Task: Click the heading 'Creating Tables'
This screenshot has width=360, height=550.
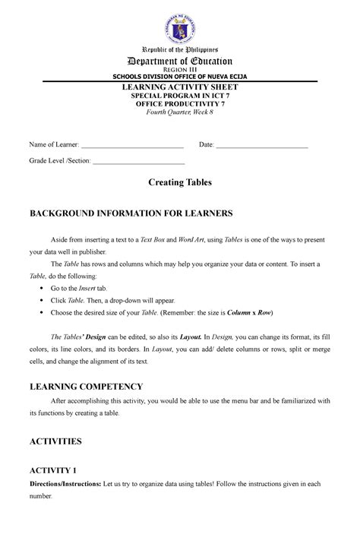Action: pos(180,183)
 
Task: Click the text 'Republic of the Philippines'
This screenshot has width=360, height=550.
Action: pos(180,49)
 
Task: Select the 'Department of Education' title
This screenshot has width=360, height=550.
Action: pos(180,61)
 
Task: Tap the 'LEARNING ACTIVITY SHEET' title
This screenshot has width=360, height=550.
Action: pos(180,88)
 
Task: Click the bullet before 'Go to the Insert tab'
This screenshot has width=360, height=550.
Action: pos(40,289)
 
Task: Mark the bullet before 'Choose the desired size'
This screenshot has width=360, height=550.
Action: pos(40,313)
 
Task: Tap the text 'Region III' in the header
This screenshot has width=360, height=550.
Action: pos(180,71)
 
